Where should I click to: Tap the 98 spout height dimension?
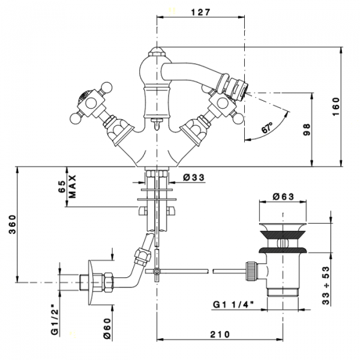click(307, 130)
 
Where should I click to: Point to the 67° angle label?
click(268, 128)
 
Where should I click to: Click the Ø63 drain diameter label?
click(283, 196)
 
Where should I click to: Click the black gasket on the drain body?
click(281, 246)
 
